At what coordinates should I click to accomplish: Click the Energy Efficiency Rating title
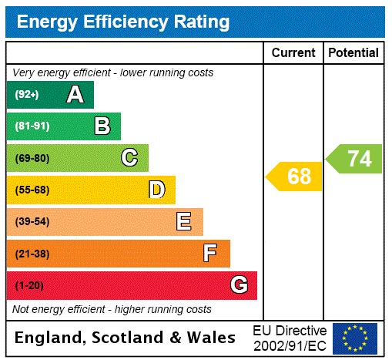[x=123, y=22]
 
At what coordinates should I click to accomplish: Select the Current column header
[x=293, y=53]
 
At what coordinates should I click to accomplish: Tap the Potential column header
[x=353, y=53]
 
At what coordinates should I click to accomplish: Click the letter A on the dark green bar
[x=75, y=95]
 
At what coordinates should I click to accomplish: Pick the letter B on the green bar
[x=102, y=126]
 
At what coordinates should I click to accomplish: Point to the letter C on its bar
[x=129, y=158]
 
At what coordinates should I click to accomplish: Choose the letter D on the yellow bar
[x=157, y=190]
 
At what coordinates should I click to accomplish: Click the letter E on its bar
[x=184, y=222]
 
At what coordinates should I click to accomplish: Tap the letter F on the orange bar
[x=210, y=254]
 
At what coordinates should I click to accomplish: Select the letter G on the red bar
[x=239, y=285]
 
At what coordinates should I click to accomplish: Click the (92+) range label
[x=27, y=96]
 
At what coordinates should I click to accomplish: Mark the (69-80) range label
[x=32, y=159]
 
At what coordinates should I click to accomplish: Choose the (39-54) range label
[x=32, y=222]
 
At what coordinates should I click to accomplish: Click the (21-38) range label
[x=32, y=254]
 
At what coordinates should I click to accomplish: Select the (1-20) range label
[x=29, y=286]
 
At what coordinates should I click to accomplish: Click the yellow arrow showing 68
[x=296, y=177]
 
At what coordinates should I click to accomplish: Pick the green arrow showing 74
[x=355, y=159]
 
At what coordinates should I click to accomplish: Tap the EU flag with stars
[x=355, y=338]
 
